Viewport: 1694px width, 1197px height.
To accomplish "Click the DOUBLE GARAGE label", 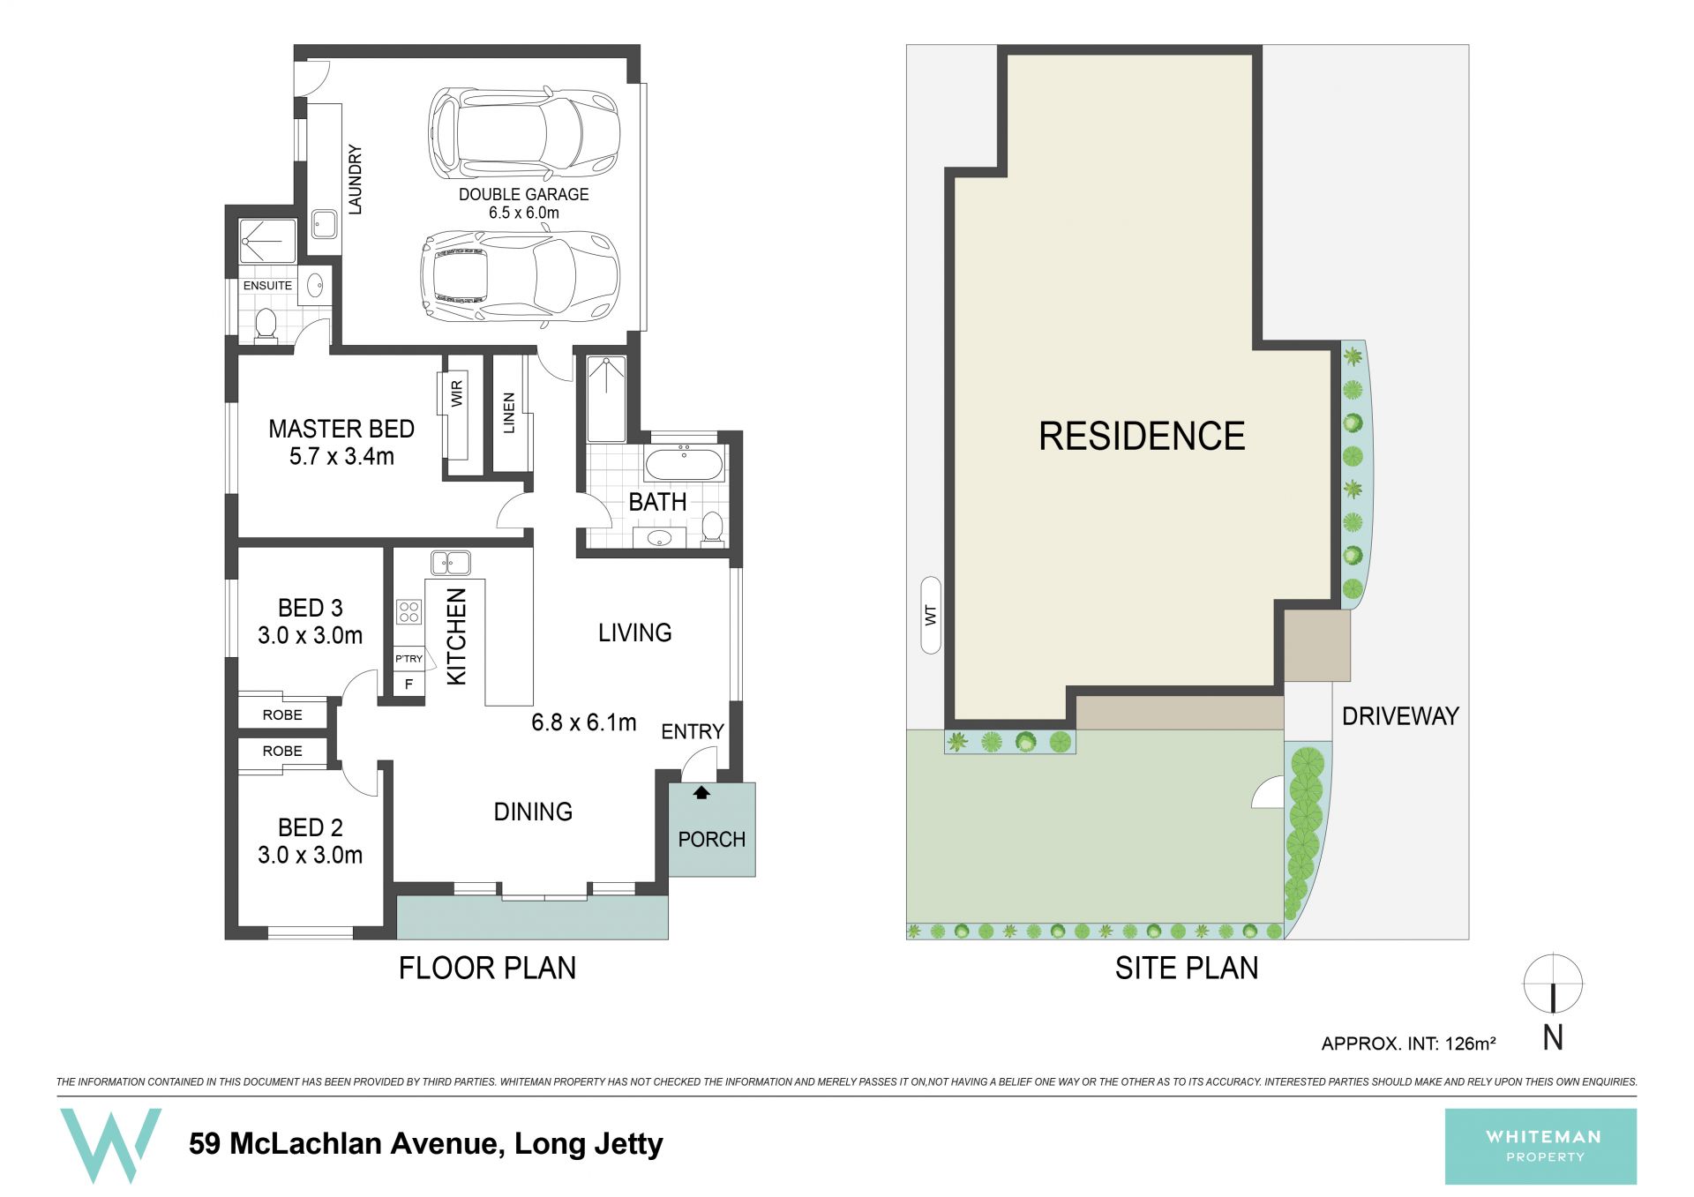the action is (523, 194).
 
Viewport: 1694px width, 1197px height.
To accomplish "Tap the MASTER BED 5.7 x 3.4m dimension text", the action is (341, 457).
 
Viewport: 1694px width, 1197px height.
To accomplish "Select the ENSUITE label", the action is (267, 286).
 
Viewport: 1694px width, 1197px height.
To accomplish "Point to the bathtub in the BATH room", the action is (685, 463).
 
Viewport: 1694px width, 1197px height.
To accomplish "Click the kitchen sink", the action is (450, 562).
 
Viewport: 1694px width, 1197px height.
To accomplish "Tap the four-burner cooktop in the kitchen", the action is (409, 611).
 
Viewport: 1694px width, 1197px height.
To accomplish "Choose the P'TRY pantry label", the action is (409, 659).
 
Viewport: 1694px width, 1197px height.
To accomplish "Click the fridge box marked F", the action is (409, 684).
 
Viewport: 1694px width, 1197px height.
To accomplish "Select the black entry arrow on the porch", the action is (701, 792).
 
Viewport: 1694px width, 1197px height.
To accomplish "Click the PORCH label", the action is (711, 839).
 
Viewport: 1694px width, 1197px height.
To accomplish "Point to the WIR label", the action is (457, 393).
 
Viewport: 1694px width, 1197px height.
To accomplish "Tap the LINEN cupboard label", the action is (508, 413).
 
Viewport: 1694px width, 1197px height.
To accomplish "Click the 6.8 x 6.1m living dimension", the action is (583, 722).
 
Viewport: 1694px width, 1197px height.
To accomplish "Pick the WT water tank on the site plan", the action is (930, 615).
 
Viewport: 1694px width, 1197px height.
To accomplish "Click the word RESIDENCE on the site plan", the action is (1142, 436).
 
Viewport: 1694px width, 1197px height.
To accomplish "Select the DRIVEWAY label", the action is (1400, 716).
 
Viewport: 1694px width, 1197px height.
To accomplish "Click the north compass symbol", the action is (1553, 984).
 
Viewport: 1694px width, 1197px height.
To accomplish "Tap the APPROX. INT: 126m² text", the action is (1408, 1044).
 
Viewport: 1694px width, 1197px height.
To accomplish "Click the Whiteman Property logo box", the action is (1540, 1146).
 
